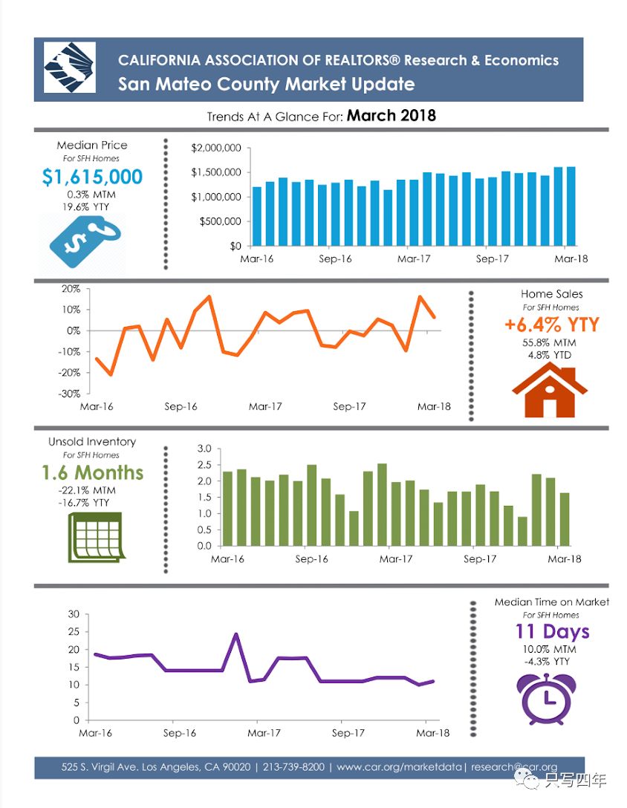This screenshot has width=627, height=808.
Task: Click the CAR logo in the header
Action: (x=69, y=68)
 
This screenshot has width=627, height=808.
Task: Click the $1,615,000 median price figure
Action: (x=92, y=177)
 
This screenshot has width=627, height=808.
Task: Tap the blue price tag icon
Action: (x=82, y=240)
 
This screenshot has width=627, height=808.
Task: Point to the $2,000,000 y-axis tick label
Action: (x=216, y=149)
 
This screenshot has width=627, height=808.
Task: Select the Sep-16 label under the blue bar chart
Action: (x=336, y=259)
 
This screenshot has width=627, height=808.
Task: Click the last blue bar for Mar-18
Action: (x=571, y=206)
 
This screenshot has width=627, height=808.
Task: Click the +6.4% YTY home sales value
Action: (x=550, y=325)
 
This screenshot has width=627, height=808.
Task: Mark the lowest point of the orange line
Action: (x=111, y=375)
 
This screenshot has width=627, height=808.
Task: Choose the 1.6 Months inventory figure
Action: (x=92, y=473)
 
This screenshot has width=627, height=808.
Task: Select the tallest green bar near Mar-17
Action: (x=382, y=505)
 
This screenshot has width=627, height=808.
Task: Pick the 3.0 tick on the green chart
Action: (x=205, y=449)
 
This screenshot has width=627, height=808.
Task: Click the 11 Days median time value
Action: (x=552, y=632)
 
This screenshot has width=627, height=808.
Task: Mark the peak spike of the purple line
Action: (x=236, y=634)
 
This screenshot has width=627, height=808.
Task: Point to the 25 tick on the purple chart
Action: (x=74, y=632)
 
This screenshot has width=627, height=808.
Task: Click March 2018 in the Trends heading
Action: (x=391, y=116)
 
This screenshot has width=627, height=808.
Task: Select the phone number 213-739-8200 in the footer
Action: (x=293, y=767)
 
